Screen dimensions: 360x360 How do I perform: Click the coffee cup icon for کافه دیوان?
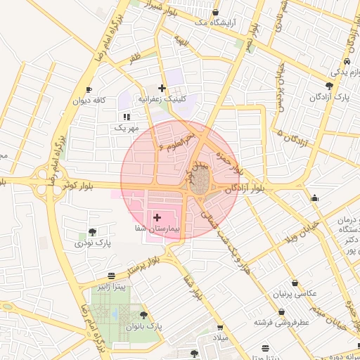click(89, 90)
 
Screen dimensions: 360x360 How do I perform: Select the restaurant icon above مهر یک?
click(127, 117)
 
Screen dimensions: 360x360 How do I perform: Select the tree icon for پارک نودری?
click(93, 231)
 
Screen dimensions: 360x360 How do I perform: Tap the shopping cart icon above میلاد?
click(220, 328)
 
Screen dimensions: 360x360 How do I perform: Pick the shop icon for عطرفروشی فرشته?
click(282, 311)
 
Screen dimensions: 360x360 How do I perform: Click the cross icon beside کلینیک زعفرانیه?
click(162, 88)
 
